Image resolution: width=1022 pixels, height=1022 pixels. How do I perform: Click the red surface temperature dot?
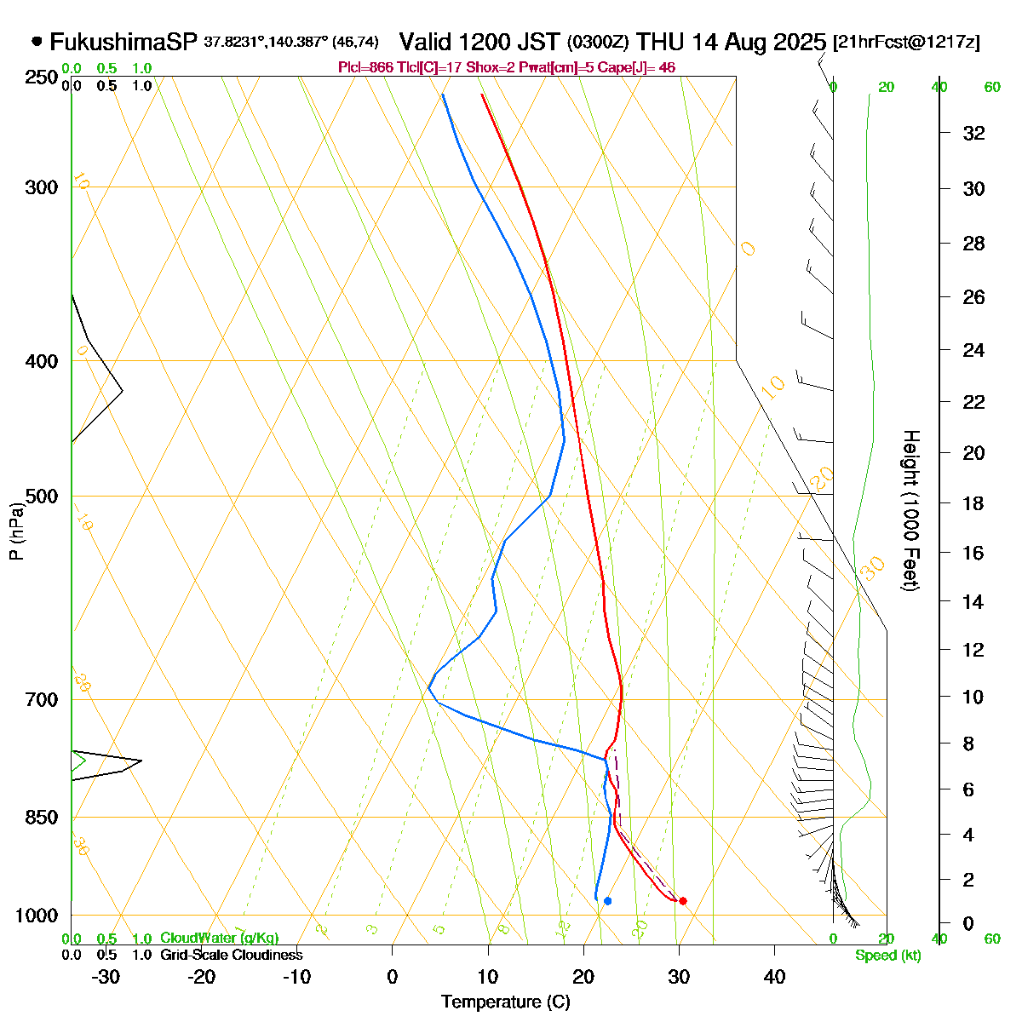pyautogui.click(x=682, y=901)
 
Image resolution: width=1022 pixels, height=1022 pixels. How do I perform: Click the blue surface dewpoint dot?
pyautogui.click(x=607, y=901)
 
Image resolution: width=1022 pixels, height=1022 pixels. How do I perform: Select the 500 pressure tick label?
pyautogui.click(x=42, y=497)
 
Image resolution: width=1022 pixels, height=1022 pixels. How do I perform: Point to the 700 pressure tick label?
pyautogui.click(x=42, y=700)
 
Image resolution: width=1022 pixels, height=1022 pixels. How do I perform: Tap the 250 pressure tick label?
pyautogui.click(x=42, y=78)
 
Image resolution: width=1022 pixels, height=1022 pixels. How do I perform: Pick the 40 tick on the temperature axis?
pyautogui.click(x=774, y=977)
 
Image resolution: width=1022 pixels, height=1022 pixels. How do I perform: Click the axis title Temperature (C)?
pyautogui.click(x=505, y=1002)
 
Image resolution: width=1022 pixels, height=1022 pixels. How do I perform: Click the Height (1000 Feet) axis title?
pyautogui.click(x=910, y=511)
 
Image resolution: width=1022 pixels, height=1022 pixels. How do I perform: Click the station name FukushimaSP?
pyautogui.click(x=123, y=42)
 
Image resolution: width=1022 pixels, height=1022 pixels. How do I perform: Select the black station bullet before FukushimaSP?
pyautogui.click(x=37, y=41)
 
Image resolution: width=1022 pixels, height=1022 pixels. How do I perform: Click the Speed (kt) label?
pyautogui.click(x=888, y=956)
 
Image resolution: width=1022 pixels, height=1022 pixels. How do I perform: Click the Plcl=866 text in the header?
pyautogui.click(x=365, y=67)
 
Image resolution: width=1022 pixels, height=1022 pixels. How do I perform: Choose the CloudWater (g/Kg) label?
pyautogui.click(x=219, y=939)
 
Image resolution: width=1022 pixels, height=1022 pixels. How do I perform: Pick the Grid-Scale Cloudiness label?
pyautogui.click(x=231, y=956)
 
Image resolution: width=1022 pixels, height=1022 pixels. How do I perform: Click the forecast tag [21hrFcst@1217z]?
pyautogui.click(x=906, y=43)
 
